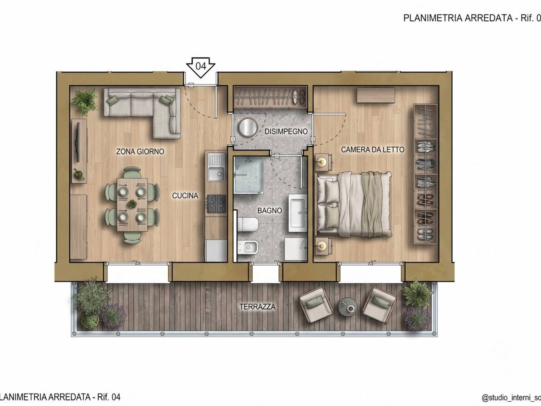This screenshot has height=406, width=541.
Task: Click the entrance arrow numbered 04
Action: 200,67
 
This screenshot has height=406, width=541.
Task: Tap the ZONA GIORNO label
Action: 140,151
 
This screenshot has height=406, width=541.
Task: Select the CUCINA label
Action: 185,196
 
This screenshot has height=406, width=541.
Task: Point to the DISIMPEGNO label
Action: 286,132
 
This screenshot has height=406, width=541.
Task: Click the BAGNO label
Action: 270,211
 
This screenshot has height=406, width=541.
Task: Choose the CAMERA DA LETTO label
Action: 373,149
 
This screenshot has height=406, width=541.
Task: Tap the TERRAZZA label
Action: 257,307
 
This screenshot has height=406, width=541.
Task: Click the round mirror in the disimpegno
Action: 248,127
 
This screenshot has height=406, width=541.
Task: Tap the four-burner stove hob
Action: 216,204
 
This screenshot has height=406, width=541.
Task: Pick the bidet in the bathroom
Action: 248,247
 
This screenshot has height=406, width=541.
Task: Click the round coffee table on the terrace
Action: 348,307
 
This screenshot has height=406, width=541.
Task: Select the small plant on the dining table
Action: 132,203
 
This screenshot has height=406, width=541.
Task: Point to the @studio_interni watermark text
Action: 511,398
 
